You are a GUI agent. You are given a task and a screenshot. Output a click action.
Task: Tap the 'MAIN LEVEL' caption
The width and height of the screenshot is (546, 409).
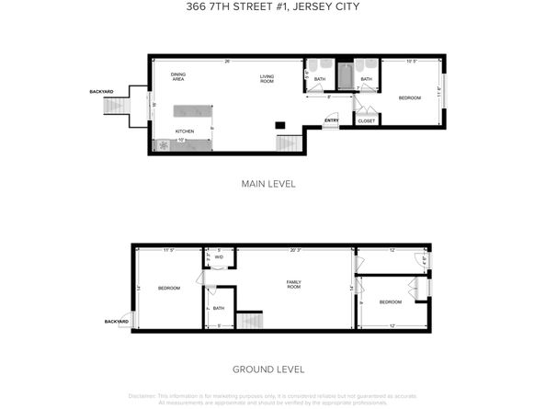coord(268,184)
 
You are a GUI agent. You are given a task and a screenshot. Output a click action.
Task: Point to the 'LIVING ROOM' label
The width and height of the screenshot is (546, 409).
coord(267,78)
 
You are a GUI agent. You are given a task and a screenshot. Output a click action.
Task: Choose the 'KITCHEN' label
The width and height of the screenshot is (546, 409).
coord(185,131)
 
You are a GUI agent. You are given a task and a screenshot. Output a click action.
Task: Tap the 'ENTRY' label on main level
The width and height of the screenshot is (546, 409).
coord(331,119)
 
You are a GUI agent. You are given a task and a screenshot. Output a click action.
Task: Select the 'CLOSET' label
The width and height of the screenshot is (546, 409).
coord(366,120)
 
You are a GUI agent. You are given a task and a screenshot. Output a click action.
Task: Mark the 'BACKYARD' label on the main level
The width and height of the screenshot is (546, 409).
coord(102,91)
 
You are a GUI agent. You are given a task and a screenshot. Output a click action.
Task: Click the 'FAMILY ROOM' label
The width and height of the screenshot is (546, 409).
coord(293,285)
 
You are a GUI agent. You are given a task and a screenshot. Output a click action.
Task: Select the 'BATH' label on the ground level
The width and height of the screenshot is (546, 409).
coord(219,308)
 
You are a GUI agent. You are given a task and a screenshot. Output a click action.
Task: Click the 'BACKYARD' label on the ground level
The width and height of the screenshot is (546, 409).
coord(115,322)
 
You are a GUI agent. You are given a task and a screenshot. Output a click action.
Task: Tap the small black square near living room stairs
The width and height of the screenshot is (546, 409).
coord(280,125)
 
